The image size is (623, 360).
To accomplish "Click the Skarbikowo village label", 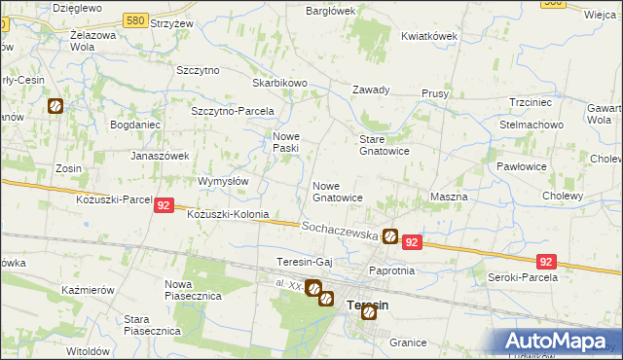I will pos(279,83).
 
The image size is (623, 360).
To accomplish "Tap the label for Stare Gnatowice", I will pos(385,145).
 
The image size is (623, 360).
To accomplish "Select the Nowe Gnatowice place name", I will pos(338,191).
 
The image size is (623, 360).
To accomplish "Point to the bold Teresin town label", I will pos(368,306).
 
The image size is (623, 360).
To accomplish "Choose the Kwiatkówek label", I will pos(429,36).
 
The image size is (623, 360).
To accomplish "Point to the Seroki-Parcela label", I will pos(522,277).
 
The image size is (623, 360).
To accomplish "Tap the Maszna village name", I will pos(449,197).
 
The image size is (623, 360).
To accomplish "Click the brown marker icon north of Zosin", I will pos(55,106).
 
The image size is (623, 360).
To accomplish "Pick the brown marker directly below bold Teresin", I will pos(369,312).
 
